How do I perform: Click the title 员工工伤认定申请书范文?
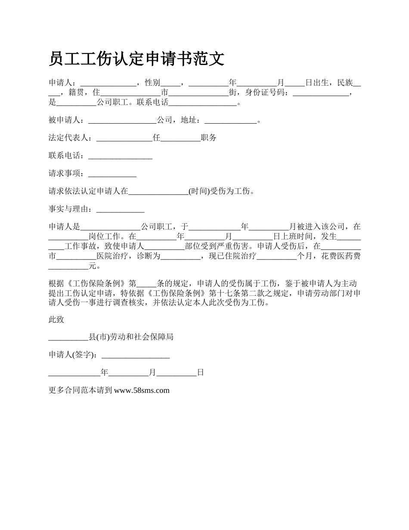pos(136,59)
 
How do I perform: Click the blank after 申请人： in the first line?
pos(108,82)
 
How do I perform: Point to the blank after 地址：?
pos(230,120)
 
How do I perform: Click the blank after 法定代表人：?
pos(124,138)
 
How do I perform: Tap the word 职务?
pos(209,138)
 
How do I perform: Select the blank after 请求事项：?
pos(112,174)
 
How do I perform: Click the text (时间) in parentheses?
pos(199,191)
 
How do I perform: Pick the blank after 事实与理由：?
pos(120,209)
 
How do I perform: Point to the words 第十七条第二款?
pos(245,293)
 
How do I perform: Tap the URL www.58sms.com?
pos(142,390)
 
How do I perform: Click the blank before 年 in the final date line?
pos(74,373)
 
